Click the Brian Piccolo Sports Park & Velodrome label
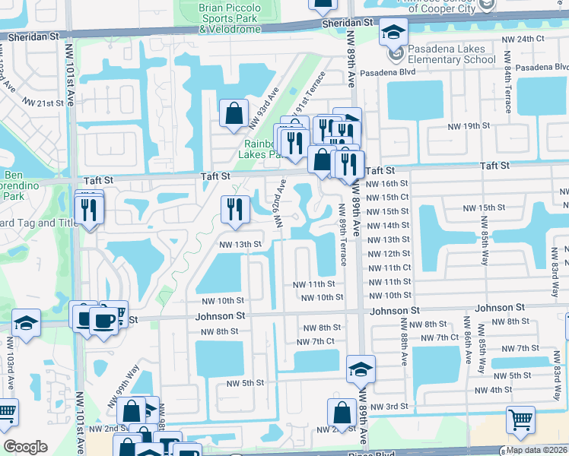click(219, 17)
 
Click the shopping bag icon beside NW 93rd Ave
click(234, 113)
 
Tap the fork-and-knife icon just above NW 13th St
click(235, 209)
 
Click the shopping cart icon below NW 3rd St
click(520, 420)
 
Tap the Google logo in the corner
click(25, 447)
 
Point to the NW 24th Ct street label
click(523, 38)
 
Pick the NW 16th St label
click(387, 183)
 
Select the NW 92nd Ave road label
click(280, 203)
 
